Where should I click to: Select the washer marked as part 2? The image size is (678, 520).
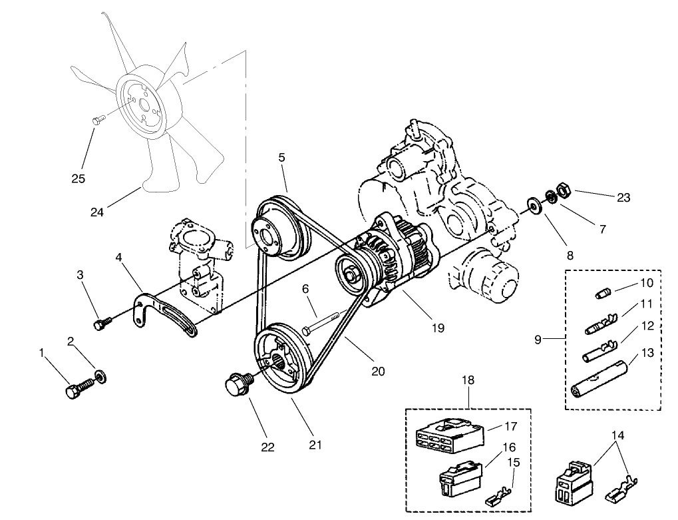coord(100,377)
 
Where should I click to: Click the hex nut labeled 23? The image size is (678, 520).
coord(562,190)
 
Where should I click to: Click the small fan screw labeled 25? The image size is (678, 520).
coord(97,120)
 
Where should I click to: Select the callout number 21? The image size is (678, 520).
coord(315,444)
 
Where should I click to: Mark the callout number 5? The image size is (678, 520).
coord(281,158)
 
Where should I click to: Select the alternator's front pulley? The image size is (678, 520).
coord(350,274)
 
